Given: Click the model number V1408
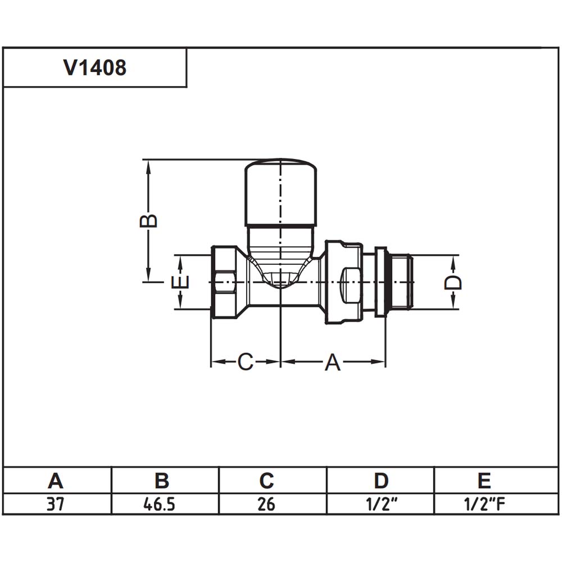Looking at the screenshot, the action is click(95, 67).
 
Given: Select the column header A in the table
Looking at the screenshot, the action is click(56, 481).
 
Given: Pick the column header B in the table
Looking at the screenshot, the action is click(162, 481).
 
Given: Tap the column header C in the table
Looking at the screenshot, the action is click(266, 481).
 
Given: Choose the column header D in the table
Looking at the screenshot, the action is click(381, 481).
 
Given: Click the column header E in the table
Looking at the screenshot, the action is click(484, 481).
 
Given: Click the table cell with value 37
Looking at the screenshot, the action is click(55, 504).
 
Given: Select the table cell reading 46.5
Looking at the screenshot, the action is click(160, 504).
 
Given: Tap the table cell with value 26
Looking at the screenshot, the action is click(266, 504).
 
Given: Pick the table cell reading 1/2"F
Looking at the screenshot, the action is click(484, 504).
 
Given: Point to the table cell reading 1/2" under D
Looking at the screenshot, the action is click(382, 504).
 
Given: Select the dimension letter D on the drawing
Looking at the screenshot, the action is click(453, 283).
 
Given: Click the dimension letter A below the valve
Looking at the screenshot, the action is click(333, 362).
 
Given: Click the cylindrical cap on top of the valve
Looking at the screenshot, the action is click(280, 193).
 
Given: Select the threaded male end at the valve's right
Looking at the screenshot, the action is click(400, 282).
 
